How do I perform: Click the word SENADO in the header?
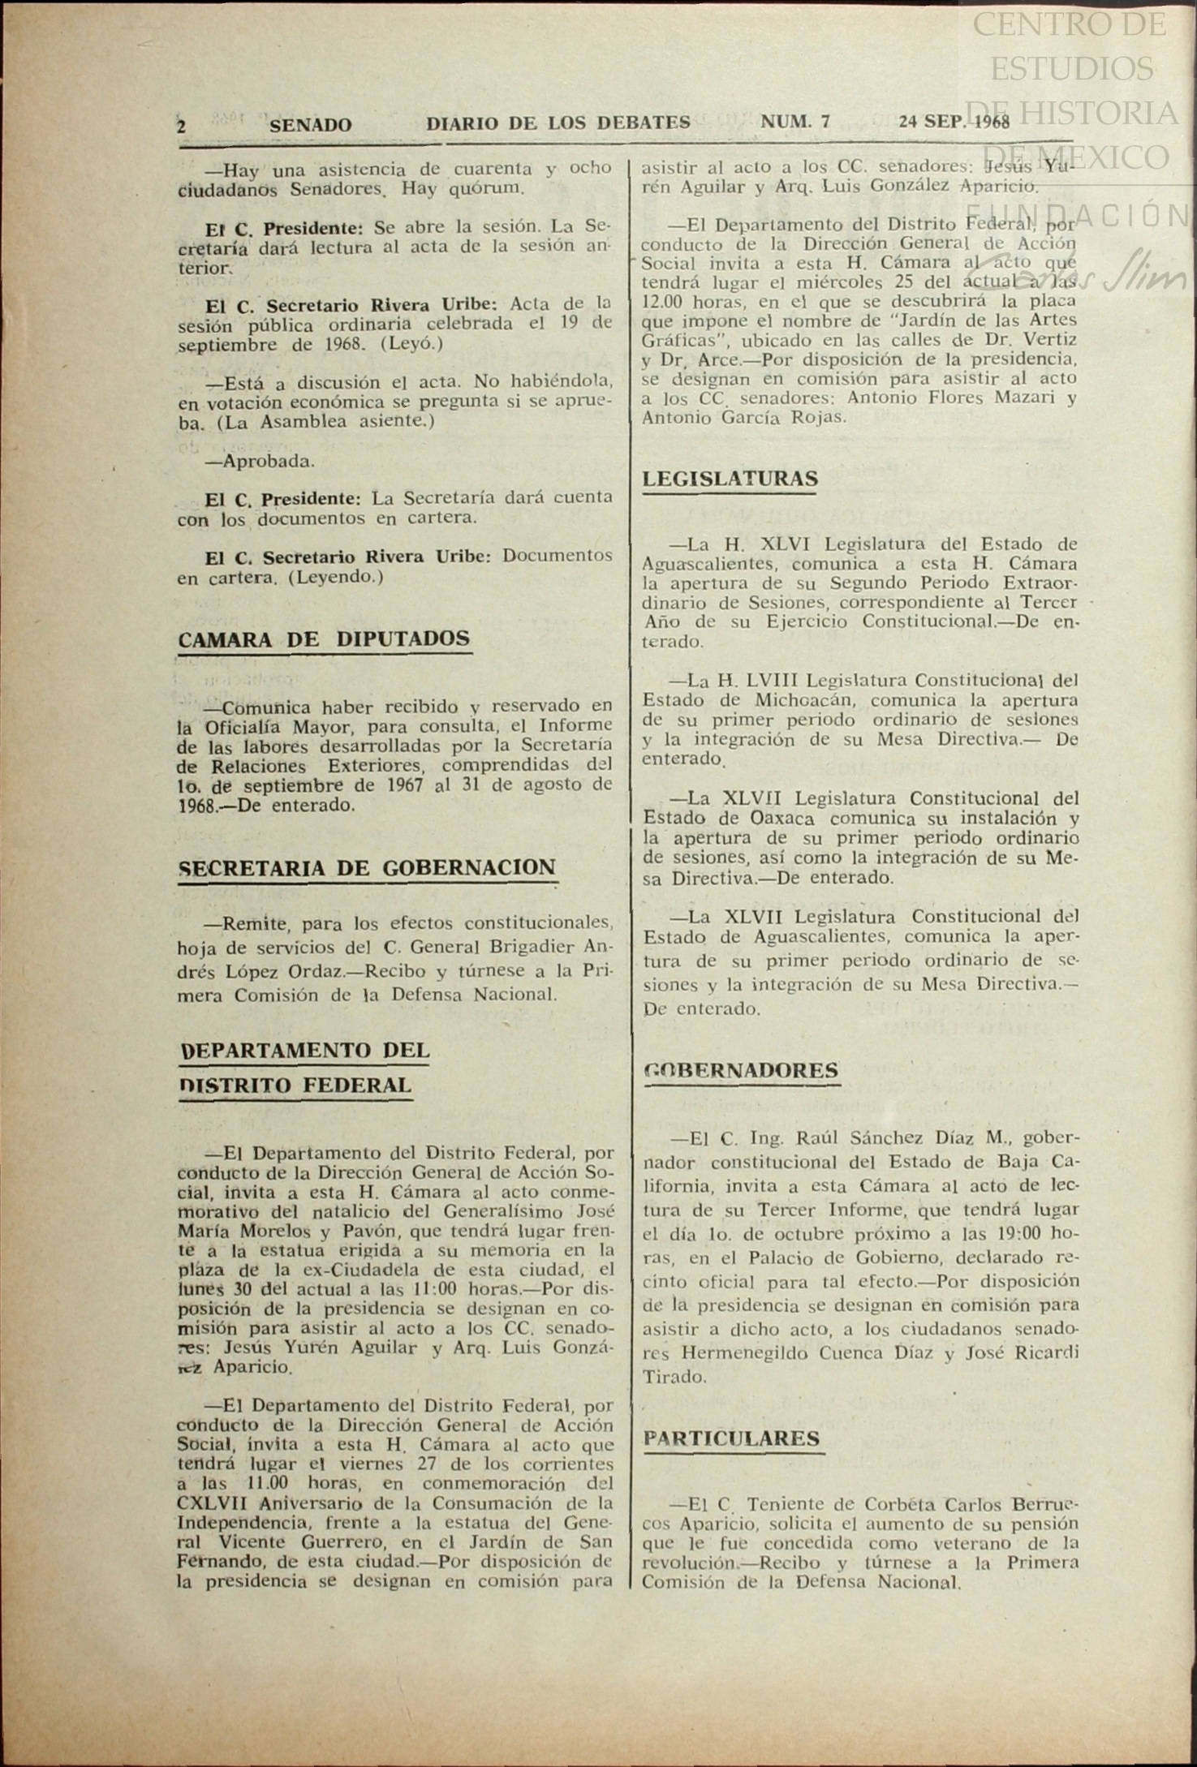311,125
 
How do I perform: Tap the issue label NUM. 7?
795,123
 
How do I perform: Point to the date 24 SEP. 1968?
954,123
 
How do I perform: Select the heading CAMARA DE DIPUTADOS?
324,638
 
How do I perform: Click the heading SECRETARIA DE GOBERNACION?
367,867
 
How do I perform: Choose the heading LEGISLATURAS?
730,479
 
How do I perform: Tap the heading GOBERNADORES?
740,1070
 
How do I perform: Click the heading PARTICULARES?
731,1438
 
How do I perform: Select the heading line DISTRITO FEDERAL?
295,1086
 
